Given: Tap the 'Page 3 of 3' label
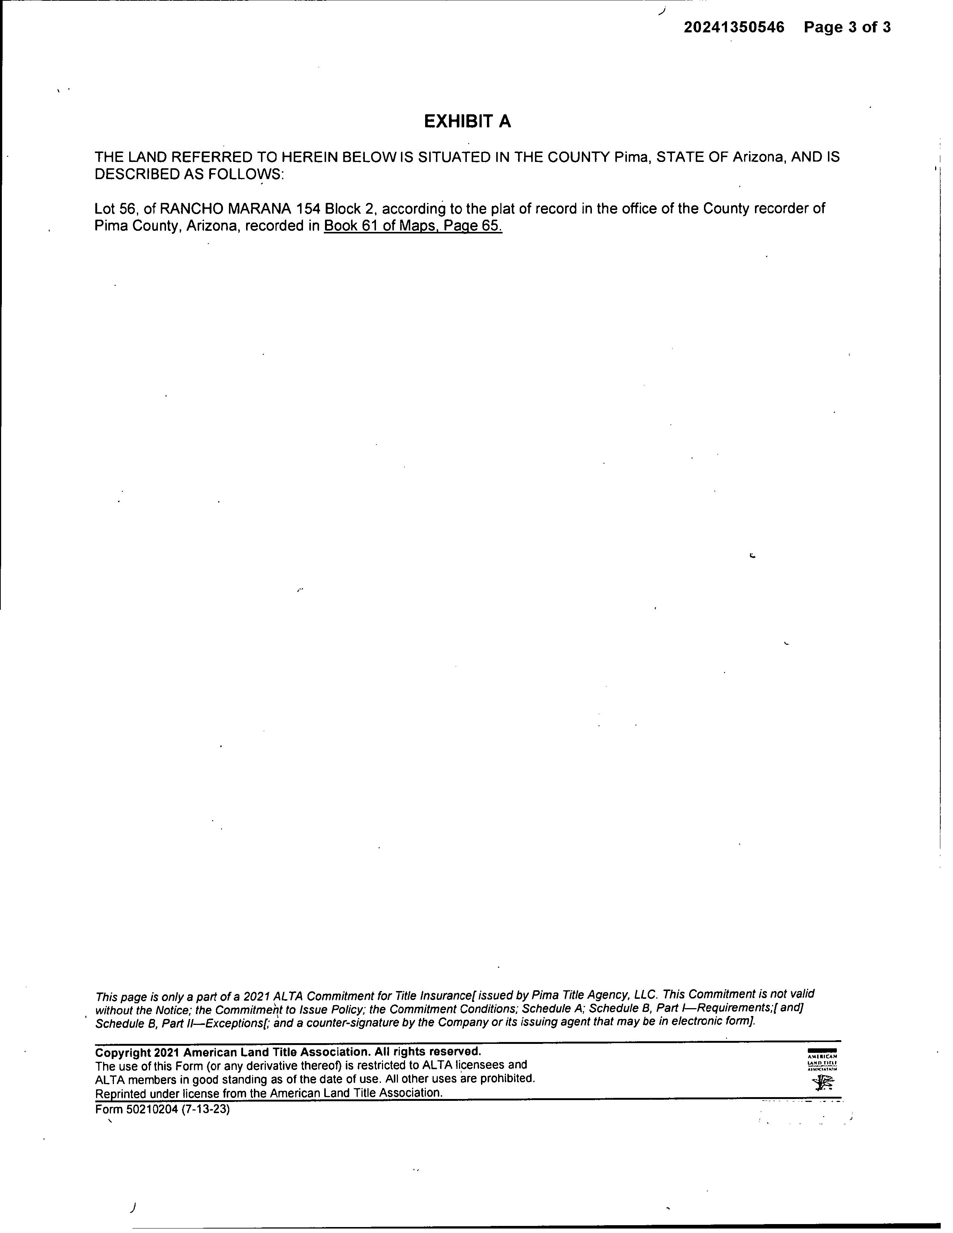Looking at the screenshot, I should coord(847,27).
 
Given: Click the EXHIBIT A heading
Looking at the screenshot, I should coord(468,121).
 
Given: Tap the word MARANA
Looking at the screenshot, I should coord(260,209).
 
